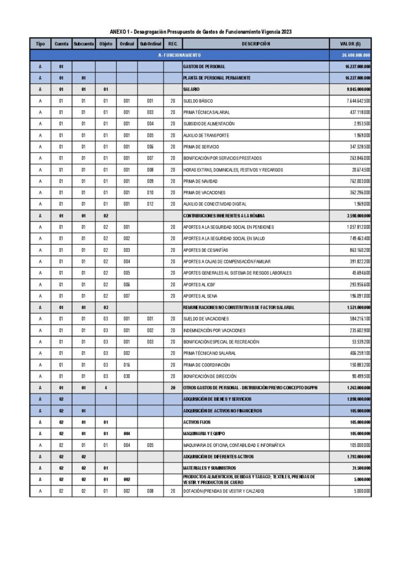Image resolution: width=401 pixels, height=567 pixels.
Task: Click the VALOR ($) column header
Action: pos(350,43)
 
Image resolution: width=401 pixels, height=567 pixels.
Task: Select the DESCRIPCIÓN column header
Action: pos(255,43)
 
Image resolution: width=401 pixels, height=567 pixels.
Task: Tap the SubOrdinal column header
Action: pos(150,43)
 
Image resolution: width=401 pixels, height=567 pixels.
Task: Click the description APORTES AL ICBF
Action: pos(199,285)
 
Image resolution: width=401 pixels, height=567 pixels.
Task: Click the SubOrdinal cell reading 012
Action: pos(150,204)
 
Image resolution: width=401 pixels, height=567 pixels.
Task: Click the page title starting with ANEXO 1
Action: pos(200,32)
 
